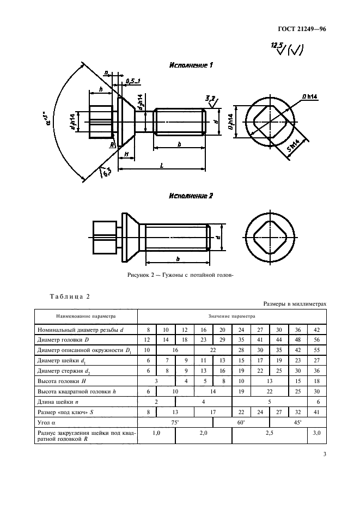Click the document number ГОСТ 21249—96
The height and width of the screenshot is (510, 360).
click(302, 29)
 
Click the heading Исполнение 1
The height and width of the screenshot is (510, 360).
click(191, 65)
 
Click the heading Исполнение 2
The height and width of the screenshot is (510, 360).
click(191, 196)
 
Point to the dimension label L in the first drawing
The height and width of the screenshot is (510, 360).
click(162, 165)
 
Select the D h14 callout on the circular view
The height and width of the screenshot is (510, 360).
click(309, 96)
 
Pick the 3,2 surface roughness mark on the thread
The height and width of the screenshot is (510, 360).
click(212, 101)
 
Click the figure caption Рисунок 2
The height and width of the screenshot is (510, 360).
click(180, 275)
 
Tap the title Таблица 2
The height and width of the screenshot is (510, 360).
click(70, 296)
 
